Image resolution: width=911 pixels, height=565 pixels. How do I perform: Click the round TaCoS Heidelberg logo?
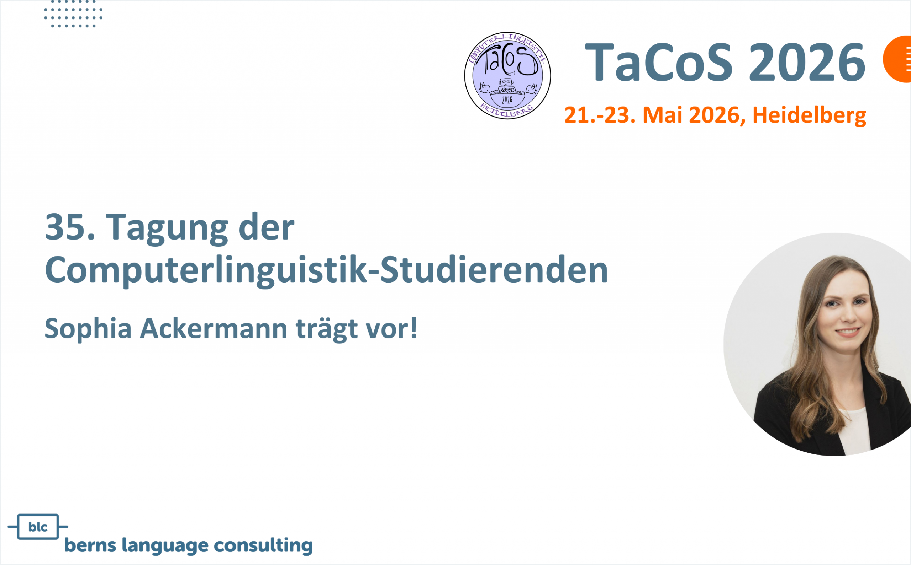(507, 75)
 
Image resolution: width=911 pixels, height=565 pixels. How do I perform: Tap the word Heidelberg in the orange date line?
(809, 115)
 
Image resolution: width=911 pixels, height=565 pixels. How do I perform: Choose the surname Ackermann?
(214, 329)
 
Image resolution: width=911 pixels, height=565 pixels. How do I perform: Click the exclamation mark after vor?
(414, 328)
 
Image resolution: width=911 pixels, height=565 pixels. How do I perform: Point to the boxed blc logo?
(38, 527)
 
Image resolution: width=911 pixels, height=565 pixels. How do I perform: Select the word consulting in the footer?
(263, 545)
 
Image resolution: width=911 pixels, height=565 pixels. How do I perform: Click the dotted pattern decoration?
(73, 14)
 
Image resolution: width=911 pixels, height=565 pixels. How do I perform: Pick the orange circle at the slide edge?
(898, 59)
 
